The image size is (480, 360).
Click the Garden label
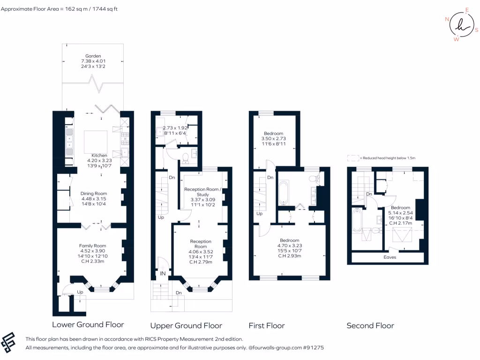93,56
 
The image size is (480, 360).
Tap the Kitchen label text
99,155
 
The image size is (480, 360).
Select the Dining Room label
94,194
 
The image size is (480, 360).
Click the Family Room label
93,246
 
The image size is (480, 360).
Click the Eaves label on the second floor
390,257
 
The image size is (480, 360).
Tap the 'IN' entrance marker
163,273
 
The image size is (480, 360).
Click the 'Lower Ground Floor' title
88,324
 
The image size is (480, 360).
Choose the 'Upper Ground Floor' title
186,325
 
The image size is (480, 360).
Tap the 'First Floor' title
266,325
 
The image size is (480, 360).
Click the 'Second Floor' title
370,325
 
